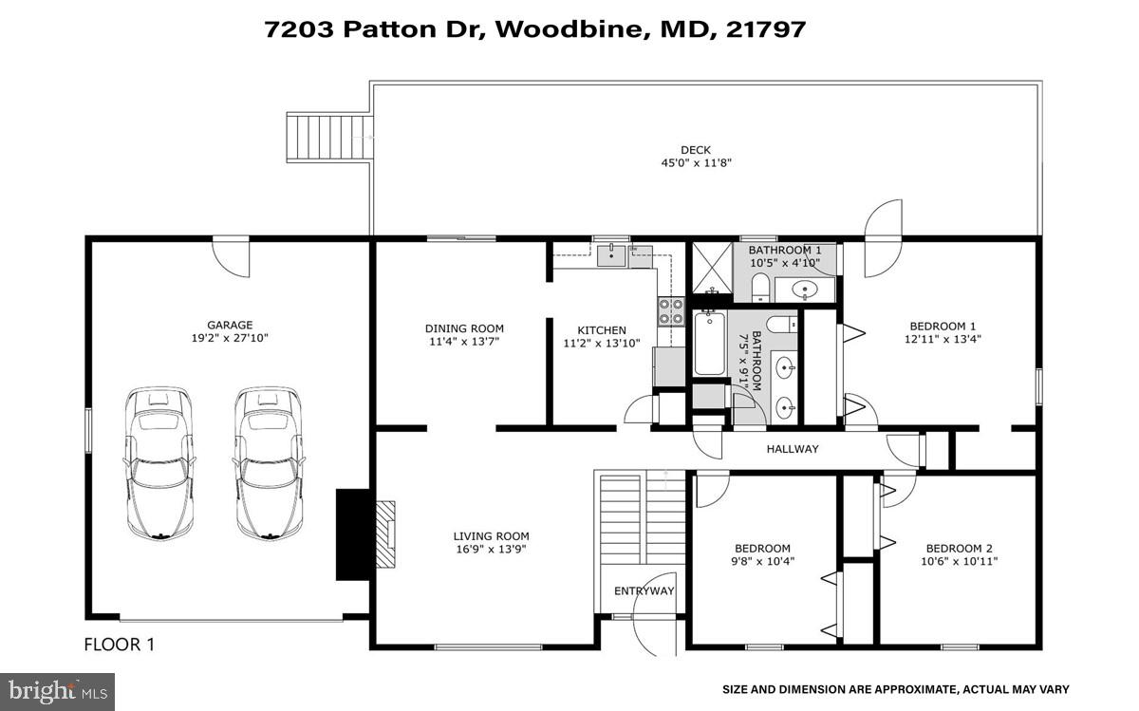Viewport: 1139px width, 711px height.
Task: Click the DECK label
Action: (x=696, y=150)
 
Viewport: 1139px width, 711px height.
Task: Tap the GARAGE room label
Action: (x=230, y=325)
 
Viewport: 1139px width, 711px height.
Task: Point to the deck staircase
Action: (x=328, y=138)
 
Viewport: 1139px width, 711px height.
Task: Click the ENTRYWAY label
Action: (x=644, y=590)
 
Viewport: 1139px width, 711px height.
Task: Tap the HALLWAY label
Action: (x=792, y=449)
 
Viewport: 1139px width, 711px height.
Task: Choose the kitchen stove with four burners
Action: (x=671, y=311)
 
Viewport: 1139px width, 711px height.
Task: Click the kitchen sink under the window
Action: (x=611, y=253)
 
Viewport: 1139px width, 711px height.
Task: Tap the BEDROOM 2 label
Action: (x=959, y=548)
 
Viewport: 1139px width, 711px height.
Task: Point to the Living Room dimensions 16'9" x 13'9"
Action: (x=491, y=548)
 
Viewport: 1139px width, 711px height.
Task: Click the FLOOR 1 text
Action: (x=120, y=645)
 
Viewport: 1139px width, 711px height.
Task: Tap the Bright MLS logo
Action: (x=57, y=690)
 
